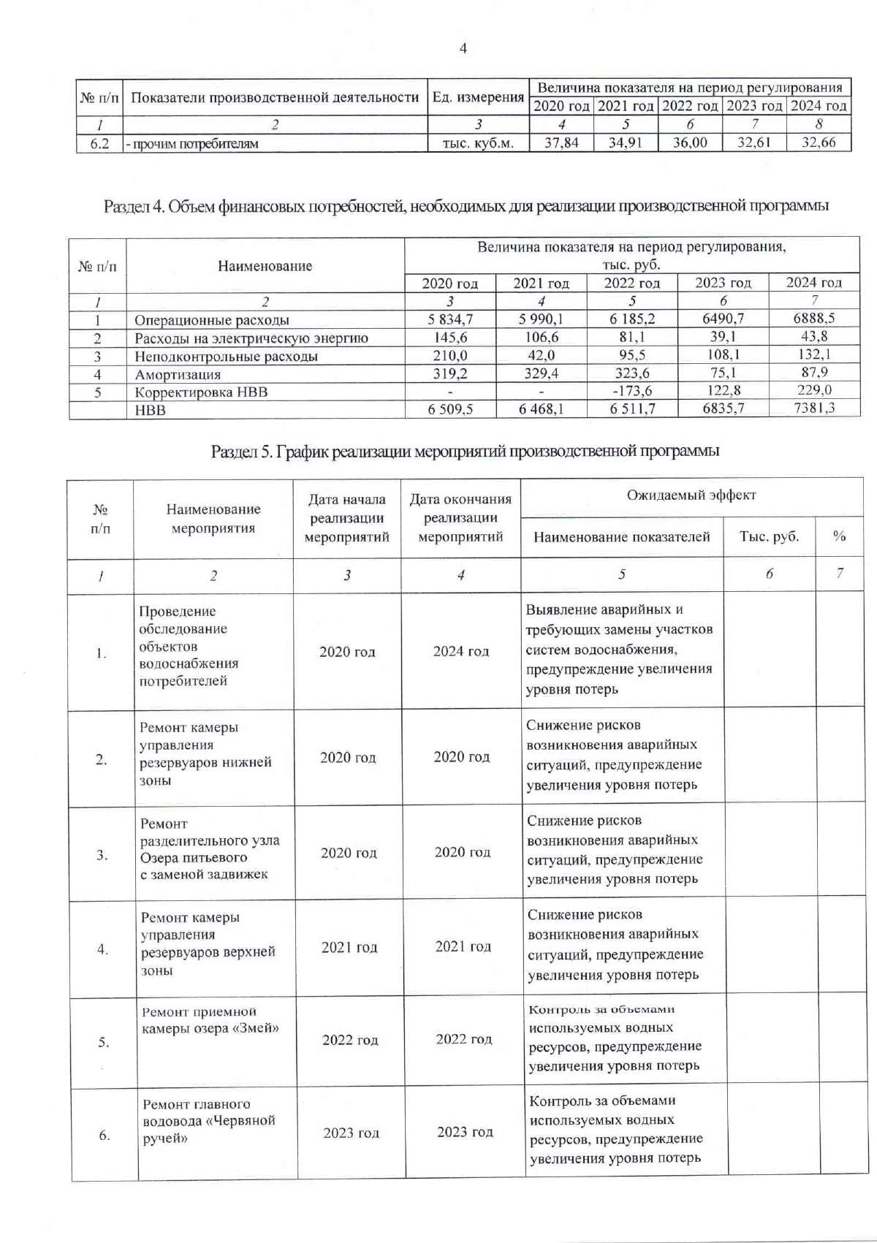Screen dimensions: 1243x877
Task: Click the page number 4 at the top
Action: [463, 49]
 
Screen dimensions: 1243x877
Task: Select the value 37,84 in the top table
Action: [561, 143]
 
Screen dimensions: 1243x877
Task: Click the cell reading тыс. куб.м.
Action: [478, 143]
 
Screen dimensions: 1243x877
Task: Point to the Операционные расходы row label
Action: [212, 320]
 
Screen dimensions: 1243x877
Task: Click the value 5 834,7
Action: [450, 319]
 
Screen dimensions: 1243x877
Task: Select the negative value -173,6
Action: [632, 391]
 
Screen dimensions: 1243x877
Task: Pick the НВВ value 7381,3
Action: [813, 408]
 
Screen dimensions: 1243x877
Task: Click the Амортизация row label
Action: [178, 375]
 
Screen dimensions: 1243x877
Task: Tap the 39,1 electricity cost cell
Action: [723, 337]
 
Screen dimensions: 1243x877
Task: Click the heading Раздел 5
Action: [465, 451]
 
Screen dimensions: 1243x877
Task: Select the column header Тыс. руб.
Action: [769, 536]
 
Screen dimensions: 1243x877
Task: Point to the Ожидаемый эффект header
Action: [691, 495]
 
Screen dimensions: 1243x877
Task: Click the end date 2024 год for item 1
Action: [460, 651]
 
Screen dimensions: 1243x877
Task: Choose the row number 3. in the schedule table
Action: [102, 854]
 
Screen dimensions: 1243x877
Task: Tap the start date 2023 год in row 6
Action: [351, 1133]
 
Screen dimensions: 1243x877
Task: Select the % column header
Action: [839, 536]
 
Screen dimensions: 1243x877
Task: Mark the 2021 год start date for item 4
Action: [349, 948]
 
